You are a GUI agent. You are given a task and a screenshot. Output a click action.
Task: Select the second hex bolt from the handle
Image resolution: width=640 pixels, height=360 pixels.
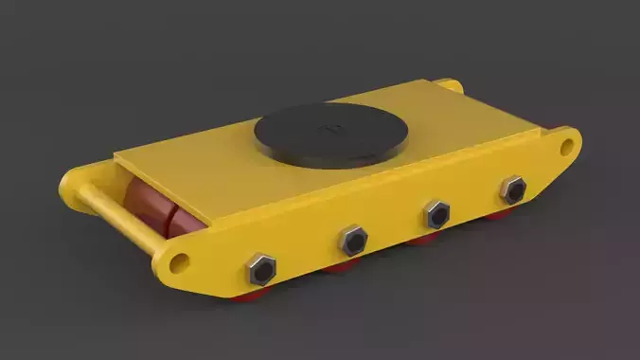point(352,242)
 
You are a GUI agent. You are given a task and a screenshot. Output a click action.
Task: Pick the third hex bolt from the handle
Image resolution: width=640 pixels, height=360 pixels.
point(436,214)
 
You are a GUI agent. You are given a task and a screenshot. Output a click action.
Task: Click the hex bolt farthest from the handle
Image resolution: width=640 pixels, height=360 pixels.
point(512,190)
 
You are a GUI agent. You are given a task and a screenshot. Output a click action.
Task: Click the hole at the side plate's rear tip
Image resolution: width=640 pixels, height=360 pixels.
point(567,147)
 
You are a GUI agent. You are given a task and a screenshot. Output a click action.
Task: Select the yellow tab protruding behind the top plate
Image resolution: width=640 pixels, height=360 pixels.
point(453,85)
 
